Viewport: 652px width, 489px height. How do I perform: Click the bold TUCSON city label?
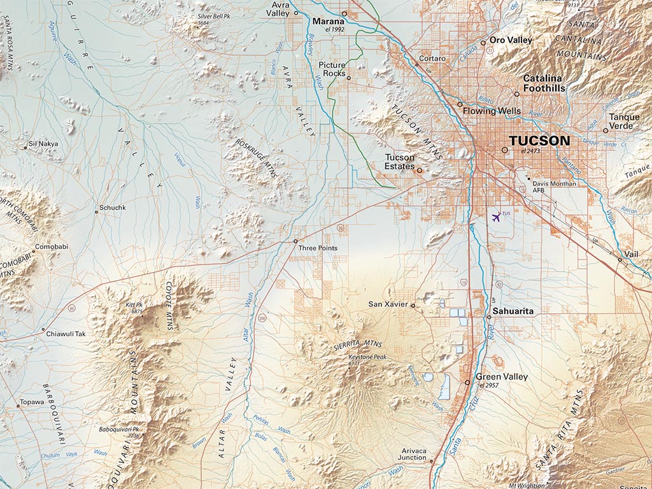click(x=539, y=141)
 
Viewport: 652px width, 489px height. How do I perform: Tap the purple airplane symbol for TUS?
click(x=496, y=216)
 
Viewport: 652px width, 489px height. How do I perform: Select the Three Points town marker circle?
click(x=295, y=241)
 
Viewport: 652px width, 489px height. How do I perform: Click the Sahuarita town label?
click(x=513, y=311)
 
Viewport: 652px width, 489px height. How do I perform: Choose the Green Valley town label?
click(x=502, y=377)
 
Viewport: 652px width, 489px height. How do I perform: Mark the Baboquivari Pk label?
click(x=119, y=432)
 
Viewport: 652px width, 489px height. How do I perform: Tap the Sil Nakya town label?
click(x=44, y=144)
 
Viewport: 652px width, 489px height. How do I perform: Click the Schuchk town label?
click(x=113, y=208)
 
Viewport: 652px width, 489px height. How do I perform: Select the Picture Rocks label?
click(x=332, y=69)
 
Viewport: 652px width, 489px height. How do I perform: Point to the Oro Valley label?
click(x=511, y=40)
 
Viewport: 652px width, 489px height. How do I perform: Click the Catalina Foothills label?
click(x=544, y=83)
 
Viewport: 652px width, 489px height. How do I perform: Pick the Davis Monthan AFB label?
click(x=554, y=187)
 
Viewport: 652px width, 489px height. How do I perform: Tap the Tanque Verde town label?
click(x=624, y=121)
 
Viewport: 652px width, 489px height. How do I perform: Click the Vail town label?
click(x=630, y=254)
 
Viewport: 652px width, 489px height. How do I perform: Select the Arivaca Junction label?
click(x=412, y=454)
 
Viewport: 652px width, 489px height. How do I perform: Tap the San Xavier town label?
click(x=388, y=304)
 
